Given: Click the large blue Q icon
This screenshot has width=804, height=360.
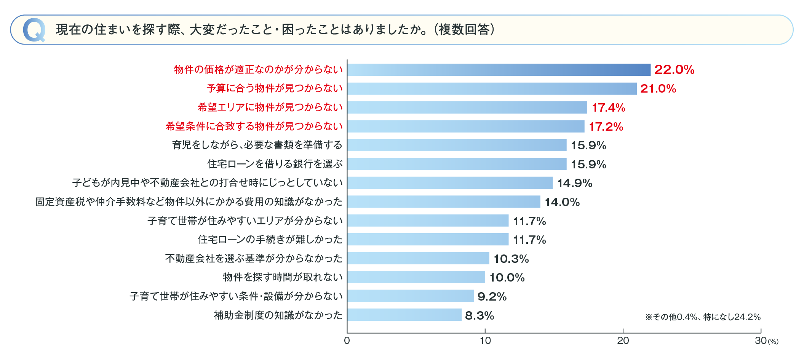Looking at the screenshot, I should pyautogui.click(x=34, y=30).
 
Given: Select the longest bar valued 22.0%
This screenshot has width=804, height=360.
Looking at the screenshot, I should pyautogui.click(x=499, y=70).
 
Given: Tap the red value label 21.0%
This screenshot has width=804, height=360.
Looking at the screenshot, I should pyautogui.click(x=658, y=88).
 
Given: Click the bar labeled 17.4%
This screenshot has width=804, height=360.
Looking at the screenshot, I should pyautogui.click(x=467, y=107).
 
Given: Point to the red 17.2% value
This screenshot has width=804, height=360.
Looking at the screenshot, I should pyautogui.click(x=606, y=126).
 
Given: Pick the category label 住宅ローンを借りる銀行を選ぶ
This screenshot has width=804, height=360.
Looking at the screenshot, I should pyautogui.click(x=275, y=164).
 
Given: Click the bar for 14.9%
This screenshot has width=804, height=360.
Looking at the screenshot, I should pyautogui.click(x=450, y=183).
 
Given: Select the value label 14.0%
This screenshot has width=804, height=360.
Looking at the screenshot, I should pyautogui.click(x=562, y=202).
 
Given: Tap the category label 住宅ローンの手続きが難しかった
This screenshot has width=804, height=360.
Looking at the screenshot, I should pyautogui.click(x=270, y=239).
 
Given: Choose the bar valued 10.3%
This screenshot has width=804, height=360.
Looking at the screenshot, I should pyautogui.click(x=418, y=258).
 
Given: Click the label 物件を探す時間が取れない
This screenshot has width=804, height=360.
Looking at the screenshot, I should pyautogui.click(x=283, y=277).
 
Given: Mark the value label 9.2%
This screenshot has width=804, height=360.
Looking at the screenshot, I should pyautogui.click(x=492, y=296).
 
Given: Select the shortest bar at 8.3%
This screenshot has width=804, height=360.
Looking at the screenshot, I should pyautogui.click(x=404, y=315).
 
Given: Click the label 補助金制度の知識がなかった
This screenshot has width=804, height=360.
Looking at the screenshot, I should pyautogui.click(x=278, y=315).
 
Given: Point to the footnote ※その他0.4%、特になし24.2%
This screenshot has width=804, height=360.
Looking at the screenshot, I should pyautogui.click(x=703, y=317).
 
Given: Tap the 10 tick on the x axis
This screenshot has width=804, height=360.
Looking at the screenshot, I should pyautogui.click(x=485, y=340).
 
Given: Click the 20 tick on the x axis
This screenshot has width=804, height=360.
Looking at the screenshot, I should pyautogui.click(x=623, y=340).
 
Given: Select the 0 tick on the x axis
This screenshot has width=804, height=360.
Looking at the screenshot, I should pyautogui.click(x=347, y=340).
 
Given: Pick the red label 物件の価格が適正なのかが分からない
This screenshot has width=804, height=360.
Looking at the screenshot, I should pyautogui.click(x=258, y=69).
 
